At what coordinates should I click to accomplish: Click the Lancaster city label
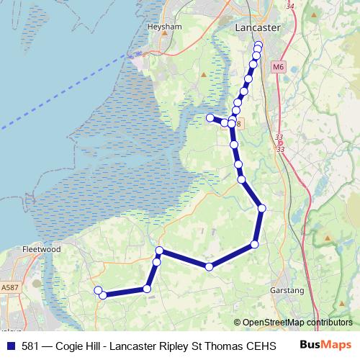tap(258, 27)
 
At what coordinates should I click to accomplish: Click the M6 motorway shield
tap(279, 67)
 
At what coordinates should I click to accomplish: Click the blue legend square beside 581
tap(10, 346)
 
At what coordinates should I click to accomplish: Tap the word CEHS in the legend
tap(261, 346)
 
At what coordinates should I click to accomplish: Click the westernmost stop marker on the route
tap(99, 290)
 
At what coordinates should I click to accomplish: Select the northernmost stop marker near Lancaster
tap(259, 45)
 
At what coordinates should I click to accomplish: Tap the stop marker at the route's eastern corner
tap(262, 208)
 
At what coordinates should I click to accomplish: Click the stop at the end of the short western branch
tap(210, 117)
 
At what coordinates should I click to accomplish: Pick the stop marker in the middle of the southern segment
tap(209, 266)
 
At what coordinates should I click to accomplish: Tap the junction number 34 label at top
tap(290, 6)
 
